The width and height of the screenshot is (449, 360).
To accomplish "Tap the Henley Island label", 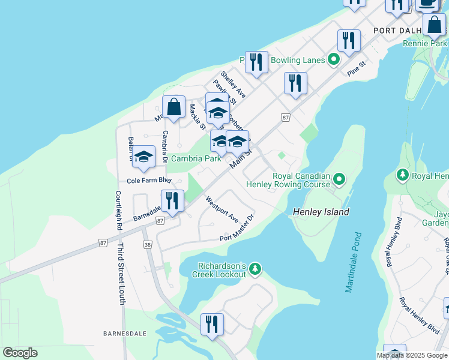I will pyautogui.click(x=321, y=212).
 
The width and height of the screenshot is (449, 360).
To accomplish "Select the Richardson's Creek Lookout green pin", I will pyautogui.click(x=255, y=268).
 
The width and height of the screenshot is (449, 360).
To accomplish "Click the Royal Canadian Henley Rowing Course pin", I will pyautogui.click(x=339, y=179).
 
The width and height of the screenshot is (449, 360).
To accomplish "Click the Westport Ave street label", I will pyautogui.click(x=222, y=209).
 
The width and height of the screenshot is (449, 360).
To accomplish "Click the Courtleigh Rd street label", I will pyautogui.click(x=118, y=211).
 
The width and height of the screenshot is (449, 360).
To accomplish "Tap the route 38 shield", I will pyautogui.click(x=148, y=245).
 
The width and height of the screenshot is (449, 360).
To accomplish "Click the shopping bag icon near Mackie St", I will pyautogui.click(x=173, y=108).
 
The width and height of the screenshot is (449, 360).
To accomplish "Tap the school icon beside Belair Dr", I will pyautogui.click(x=143, y=157).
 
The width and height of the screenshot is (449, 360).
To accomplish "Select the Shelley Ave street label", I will pyautogui.click(x=233, y=85).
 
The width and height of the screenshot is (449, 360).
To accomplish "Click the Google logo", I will pyautogui.click(x=20, y=353).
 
